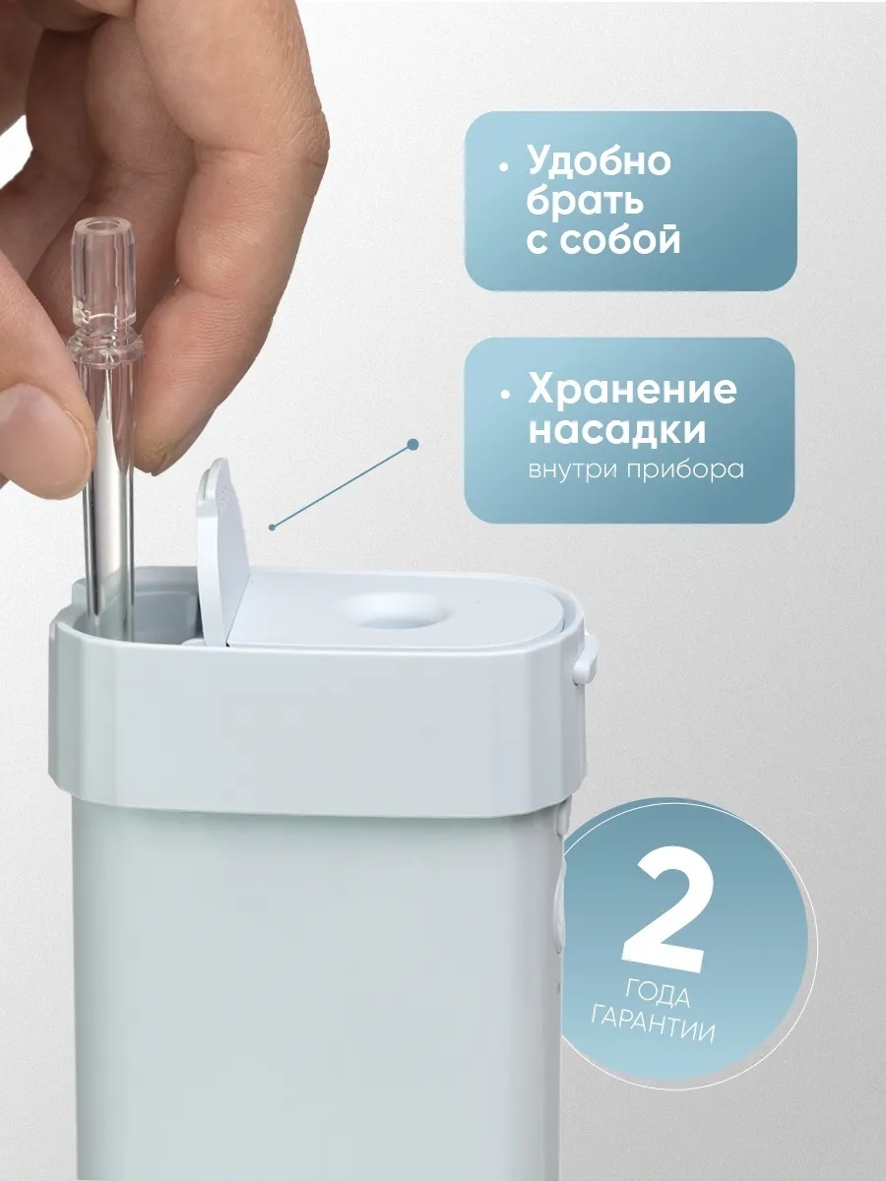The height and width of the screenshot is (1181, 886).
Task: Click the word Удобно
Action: click(600, 161)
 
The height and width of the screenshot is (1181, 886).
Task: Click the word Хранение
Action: click(632, 391)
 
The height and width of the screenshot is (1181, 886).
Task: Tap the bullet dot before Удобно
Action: click(503, 167)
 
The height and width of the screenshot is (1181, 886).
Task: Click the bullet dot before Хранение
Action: click(504, 394)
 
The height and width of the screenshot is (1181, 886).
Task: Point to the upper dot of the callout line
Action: click(412, 445)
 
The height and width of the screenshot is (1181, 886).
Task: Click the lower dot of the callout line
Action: click(273, 528)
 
